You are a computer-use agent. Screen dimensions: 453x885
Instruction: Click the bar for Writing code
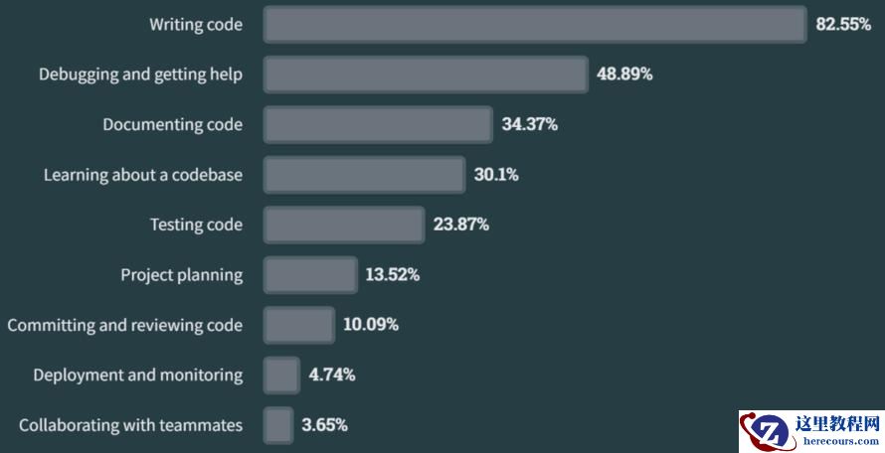pos(534,25)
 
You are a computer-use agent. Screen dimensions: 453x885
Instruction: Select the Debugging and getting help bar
pos(426,75)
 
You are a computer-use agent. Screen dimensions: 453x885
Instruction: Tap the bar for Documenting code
pos(378,125)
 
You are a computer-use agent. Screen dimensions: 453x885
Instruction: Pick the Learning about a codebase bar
pos(364,175)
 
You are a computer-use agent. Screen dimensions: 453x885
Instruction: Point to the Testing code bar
pos(343,225)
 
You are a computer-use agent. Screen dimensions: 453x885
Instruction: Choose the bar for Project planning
pos(309,275)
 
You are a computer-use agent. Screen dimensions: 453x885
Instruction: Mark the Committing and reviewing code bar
pos(298,325)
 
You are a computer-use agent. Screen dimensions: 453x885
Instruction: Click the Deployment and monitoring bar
pos(281,375)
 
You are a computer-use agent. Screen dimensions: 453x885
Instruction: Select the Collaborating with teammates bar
pos(278,425)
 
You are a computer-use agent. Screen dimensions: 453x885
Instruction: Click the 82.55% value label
pos(843,25)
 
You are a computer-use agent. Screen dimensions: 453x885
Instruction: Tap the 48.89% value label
pos(624,75)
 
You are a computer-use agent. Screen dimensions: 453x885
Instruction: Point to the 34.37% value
pos(529,125)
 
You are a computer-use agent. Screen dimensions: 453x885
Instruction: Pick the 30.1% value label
pos(496,175)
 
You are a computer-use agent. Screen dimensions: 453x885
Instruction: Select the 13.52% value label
pos(392,275)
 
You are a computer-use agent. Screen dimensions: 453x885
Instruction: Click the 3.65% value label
pos(324,425)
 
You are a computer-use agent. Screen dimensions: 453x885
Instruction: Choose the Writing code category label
pos(196,25)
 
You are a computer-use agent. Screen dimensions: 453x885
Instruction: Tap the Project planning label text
pos(181,275)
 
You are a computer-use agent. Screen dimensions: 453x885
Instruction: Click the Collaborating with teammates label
pos(130,425)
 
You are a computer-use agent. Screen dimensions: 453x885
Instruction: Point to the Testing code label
pos(196,225)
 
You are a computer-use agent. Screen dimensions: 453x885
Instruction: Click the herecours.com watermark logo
pos(811,431)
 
